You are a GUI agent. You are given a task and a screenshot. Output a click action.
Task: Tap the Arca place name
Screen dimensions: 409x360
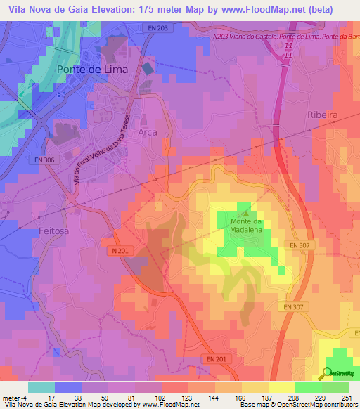(148, 131)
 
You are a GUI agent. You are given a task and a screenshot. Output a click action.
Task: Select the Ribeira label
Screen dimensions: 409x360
(324, 115)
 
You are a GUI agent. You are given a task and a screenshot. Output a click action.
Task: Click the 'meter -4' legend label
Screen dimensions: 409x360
(15, 398)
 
